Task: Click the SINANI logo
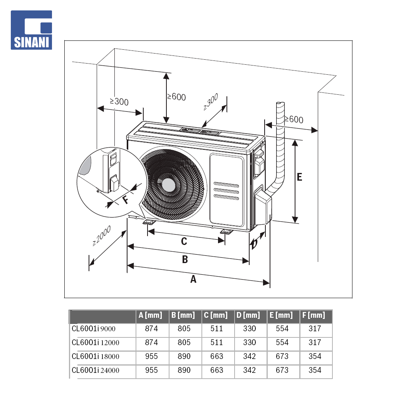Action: (x=31, y=30)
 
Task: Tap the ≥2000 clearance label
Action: (x=101, y=236)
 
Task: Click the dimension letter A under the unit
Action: (x=193, y=279)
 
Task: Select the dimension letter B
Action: (x=185, y=259)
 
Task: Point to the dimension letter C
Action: (x=184, y=241)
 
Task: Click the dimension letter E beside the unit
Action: (x=300, y=177)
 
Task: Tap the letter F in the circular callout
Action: (x=126, y=200)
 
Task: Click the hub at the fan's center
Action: (x=168, y=185)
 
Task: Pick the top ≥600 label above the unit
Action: (x=176, y=97)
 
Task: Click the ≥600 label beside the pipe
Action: (x=294, y=119)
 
